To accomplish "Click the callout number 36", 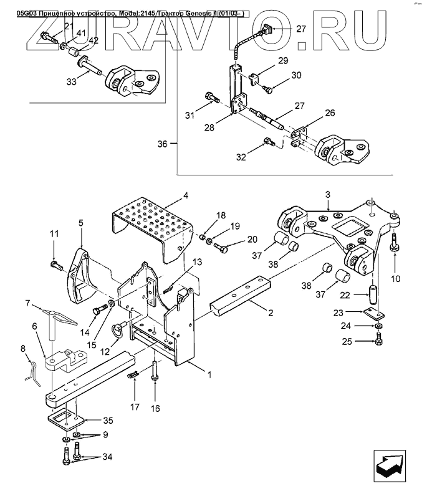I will pyautogui.click(x=164, y=144).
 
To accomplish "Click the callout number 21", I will pyautogui.click(x=69, y=26).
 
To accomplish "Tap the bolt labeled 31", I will pyautogui.click(x=210, y=100).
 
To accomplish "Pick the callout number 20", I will pyautogui.click(x=251, y=239).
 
